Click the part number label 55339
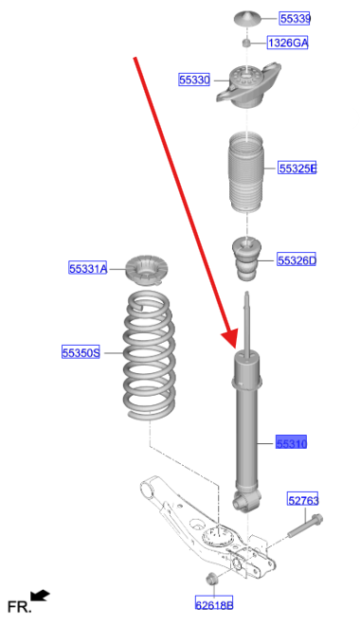pyautogui.click(x=295, y=18)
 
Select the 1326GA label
pyautogui.click(x=287, y=43)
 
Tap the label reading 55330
pyautogui.click(x=194, y=80)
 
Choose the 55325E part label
pyautogui.click(x=297, y=169)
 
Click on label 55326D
pyautogui.click(x=297, y=260)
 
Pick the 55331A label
pyautogui.click(x=88, y=268)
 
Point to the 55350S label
pyautogui.click(x=81, y=352)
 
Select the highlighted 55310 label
pyautogui.click(x=292, y=442)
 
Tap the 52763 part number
pyautogui.click(x=303, y=499)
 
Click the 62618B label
pyautogui.click(x=214, y=604)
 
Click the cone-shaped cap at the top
pyautogui.click(x=246, y=18)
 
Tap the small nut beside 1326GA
pyautogui.click(x=246, y=43)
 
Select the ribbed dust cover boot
pyautogui.click(x=246, y=172)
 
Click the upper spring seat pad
pyautogui.click(x=146, y=270)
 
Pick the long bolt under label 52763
pyautogui.click(x=305, y=527)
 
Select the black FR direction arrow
pyautogui.click(x=41, y=596)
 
